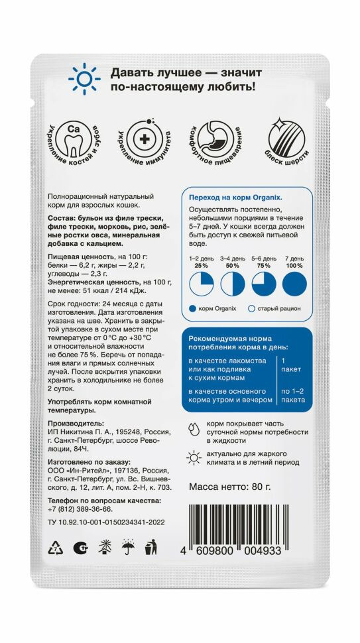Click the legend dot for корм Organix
[x=193, y=308]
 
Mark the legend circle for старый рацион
[x=251, y=308]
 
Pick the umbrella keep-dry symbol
[x=127, y=548]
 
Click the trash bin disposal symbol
[x=150, y=548]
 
